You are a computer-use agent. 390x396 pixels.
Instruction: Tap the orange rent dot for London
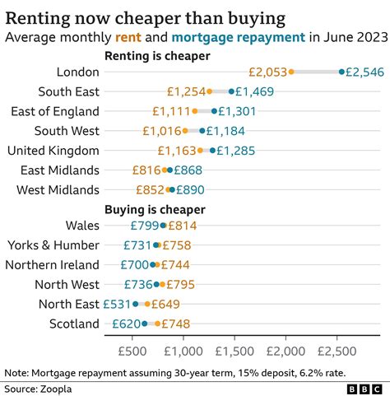pos(291,72)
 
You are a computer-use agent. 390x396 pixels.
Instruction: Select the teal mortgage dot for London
pos(341,72)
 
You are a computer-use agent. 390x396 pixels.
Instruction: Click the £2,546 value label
pos(365,72)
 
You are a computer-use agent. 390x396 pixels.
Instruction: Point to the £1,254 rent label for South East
pos(185,92)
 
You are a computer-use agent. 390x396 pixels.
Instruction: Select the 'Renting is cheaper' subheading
pos(157,55)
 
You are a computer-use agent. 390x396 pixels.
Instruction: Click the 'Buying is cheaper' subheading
pos(155,209)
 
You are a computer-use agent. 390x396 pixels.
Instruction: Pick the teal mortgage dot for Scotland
pos(145,324)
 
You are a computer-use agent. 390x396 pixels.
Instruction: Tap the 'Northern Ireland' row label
pos(53,264)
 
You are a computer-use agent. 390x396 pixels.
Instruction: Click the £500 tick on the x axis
pos(132,351)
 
